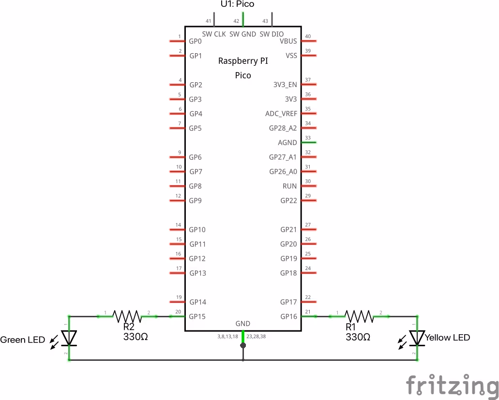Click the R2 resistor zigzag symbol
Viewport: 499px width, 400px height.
click(127, 316)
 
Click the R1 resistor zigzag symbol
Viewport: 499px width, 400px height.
click(359, 316)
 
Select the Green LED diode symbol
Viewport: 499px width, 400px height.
click(69, 338)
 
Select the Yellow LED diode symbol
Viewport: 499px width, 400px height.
click(416, 338)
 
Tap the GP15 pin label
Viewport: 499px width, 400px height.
click(197, 317)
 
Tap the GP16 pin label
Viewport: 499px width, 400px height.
click(288, 317)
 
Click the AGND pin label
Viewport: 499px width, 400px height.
click(287, 143)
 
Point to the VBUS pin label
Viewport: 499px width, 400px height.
click(288, 41)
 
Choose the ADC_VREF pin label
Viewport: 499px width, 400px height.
click(281, 114)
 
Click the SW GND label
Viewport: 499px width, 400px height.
click(242, 34)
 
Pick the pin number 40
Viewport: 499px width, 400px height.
click(308, 37)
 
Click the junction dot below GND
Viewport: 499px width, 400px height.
click(243, 345)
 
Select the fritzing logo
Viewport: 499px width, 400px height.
click(452, 385)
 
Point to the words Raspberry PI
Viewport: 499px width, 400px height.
click(243, 61)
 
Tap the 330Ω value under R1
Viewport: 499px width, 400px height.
click(358, 337)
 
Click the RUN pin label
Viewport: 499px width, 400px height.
click(290, 186)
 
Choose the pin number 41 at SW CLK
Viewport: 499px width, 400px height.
click(209, 21)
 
